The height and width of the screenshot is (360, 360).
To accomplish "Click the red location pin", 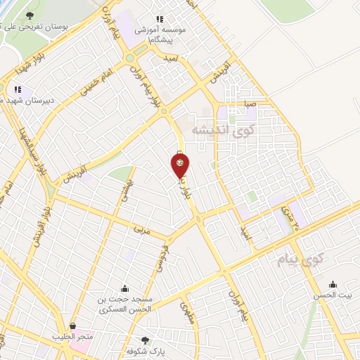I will click(x=180, y=166).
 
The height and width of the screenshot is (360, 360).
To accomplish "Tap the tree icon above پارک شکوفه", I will click(x=146, y=339).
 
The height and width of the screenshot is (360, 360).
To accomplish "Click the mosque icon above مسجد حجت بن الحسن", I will click(x=125, y=288).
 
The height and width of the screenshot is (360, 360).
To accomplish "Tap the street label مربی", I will click(x=141, y=229).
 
